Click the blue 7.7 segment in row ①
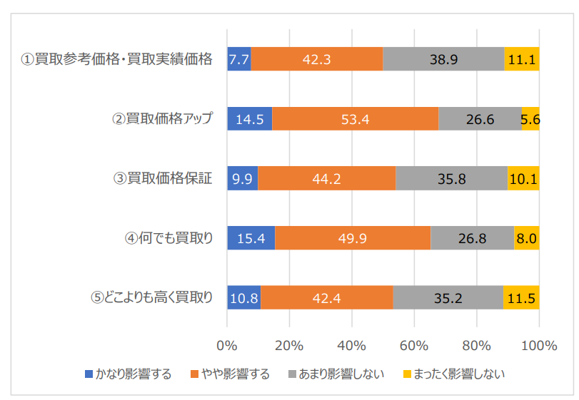(x=238, y=59)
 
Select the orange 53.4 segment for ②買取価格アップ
(x=355, y=119)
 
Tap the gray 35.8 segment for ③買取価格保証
(x=451, y=179)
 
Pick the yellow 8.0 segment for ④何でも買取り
(x=526, y=238)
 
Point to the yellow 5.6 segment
(x=530, y=119)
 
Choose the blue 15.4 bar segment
(x=251, y=238)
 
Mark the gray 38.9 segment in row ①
(x=443, y=59)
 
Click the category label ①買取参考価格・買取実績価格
(x=117, y=59)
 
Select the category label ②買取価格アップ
(x=163, y=119)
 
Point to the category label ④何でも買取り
(x=168, y=238)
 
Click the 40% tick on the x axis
(x=351, y=346)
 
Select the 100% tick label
(x=538, y=346)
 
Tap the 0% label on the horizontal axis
(x=227, y=346)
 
